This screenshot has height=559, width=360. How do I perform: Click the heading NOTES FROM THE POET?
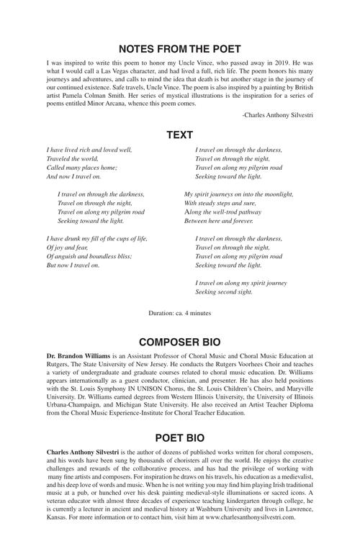coord(179,49)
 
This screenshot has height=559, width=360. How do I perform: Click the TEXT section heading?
coord(179,135)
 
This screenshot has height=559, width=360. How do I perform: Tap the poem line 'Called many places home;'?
coord(81,167)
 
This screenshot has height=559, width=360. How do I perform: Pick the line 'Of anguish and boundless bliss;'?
coord(92,256)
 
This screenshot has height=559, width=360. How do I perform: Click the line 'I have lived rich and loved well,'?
coord(89,150)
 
